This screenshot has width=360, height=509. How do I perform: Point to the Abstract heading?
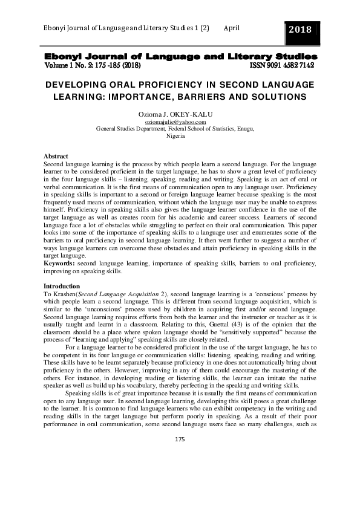60,157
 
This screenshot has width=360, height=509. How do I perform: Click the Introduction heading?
62,286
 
